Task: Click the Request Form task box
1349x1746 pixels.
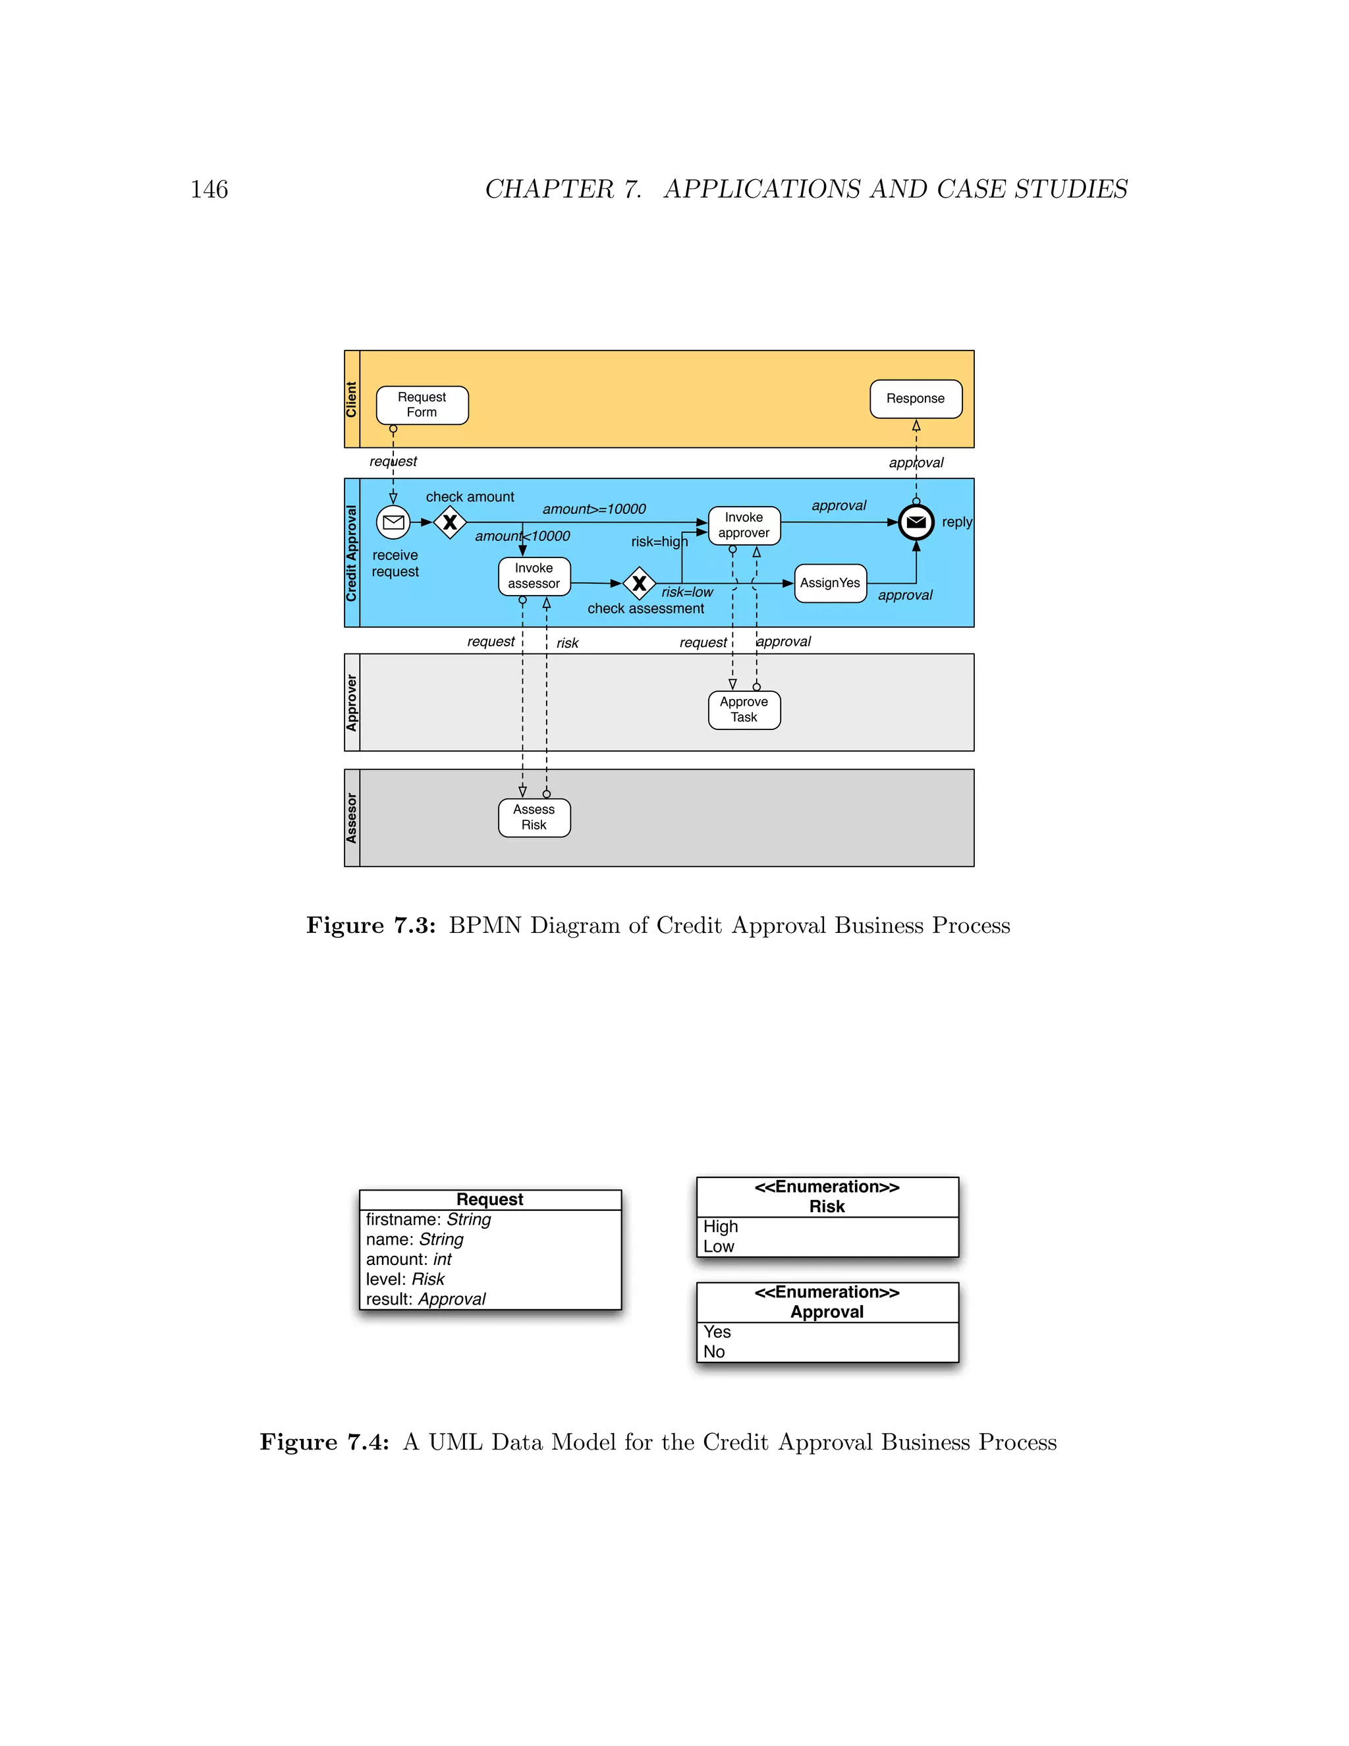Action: coord(422,405)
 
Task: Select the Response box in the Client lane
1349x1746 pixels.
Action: coord(916,399)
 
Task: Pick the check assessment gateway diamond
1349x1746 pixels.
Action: coord(640,584)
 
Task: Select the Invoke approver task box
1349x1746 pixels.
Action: coord(744,525)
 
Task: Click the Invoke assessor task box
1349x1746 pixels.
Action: coord(534,577)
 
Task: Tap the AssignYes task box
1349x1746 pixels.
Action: coord(831,584)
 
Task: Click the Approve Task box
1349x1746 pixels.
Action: coord(744,710)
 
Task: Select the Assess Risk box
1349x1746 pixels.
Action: coord(534,818)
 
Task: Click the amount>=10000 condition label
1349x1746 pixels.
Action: coord(593,509)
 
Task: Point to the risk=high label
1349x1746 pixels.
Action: coord(659,542)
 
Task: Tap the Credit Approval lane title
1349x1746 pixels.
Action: coord(352,553)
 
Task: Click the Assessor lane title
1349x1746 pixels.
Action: coord(352,818)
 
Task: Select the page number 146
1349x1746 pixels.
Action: coord(209,190)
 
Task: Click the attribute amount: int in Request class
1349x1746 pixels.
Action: coord(408,1260)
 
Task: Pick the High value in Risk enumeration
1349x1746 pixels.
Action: coord(720,1226)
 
